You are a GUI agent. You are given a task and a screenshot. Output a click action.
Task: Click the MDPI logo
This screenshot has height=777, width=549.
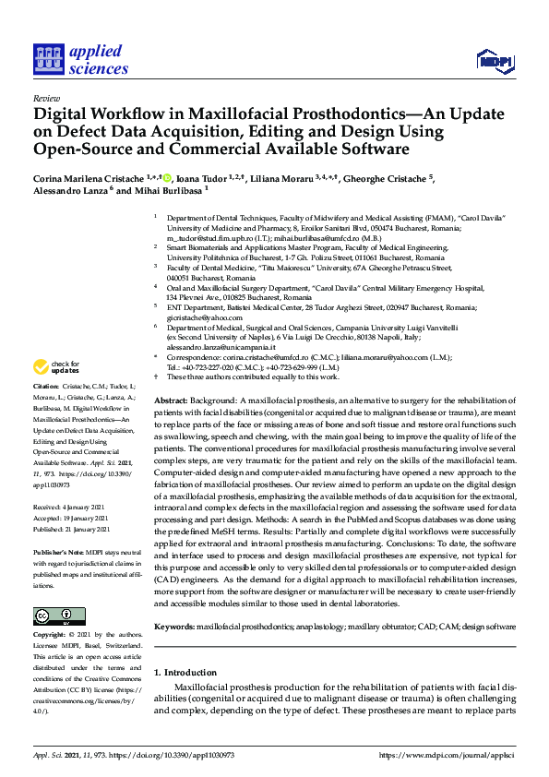tap(495, 61)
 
